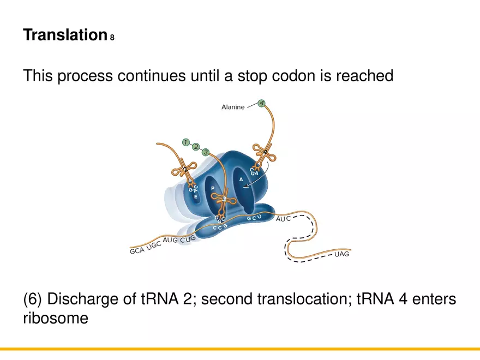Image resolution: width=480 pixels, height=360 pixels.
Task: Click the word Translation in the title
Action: pyautogui.click(x=64, y=35)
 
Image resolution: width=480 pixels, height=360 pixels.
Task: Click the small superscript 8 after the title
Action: pyautogui.click(x=112, y=38)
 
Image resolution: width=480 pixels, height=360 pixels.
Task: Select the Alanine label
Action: pyautogui.click(x=233, y=107)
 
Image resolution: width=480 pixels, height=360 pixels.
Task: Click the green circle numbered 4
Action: pyautogui.click(x=261, y=103)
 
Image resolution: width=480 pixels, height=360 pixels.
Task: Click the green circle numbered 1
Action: pyautogui.click(x=186, y=143)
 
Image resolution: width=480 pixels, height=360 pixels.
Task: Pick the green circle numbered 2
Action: pyautogui.click(x=196, y=147)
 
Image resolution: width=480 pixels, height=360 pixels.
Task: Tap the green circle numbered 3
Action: pyautogui.click(x=206, y=152)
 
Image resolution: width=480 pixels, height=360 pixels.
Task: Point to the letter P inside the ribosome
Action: pyautogui.click(x=213, y=188)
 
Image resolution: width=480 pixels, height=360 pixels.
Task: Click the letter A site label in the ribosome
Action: pyautogui.click(x=241, y=179)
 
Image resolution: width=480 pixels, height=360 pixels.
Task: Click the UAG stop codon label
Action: pyautogui.click(x=341, y=254)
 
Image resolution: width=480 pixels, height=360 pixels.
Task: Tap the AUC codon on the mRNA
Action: pyautogui.click(x=283, y=218)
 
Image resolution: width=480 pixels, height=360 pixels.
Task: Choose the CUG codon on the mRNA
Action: pyautogui.click(x=188, y=238)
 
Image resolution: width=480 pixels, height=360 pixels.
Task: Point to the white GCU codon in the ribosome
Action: pyautogui.click(x=254, y=218)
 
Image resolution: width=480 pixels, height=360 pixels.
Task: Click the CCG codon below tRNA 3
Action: pyautogui.click(x=220, y=226)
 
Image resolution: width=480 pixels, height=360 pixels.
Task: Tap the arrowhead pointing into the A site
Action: pyautogui.click(x=245, y=188)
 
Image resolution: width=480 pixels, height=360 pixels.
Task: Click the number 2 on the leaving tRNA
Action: pyautogui.click(x=185, y=170)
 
